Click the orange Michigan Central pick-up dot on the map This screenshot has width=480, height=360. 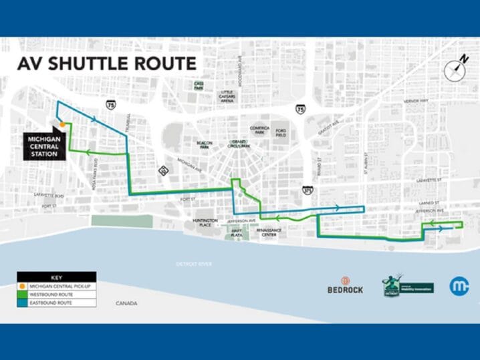click(62, 124)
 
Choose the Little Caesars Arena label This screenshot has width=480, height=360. click(227, 96)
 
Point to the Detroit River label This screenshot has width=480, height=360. click(194, 264)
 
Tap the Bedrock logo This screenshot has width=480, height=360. click(345, 286)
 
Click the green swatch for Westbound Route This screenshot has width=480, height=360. click(23, 295)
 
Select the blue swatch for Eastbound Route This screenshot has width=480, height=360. click(23, 303)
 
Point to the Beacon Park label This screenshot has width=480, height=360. click(185, 145)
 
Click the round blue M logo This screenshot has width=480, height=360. click(458, 285)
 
